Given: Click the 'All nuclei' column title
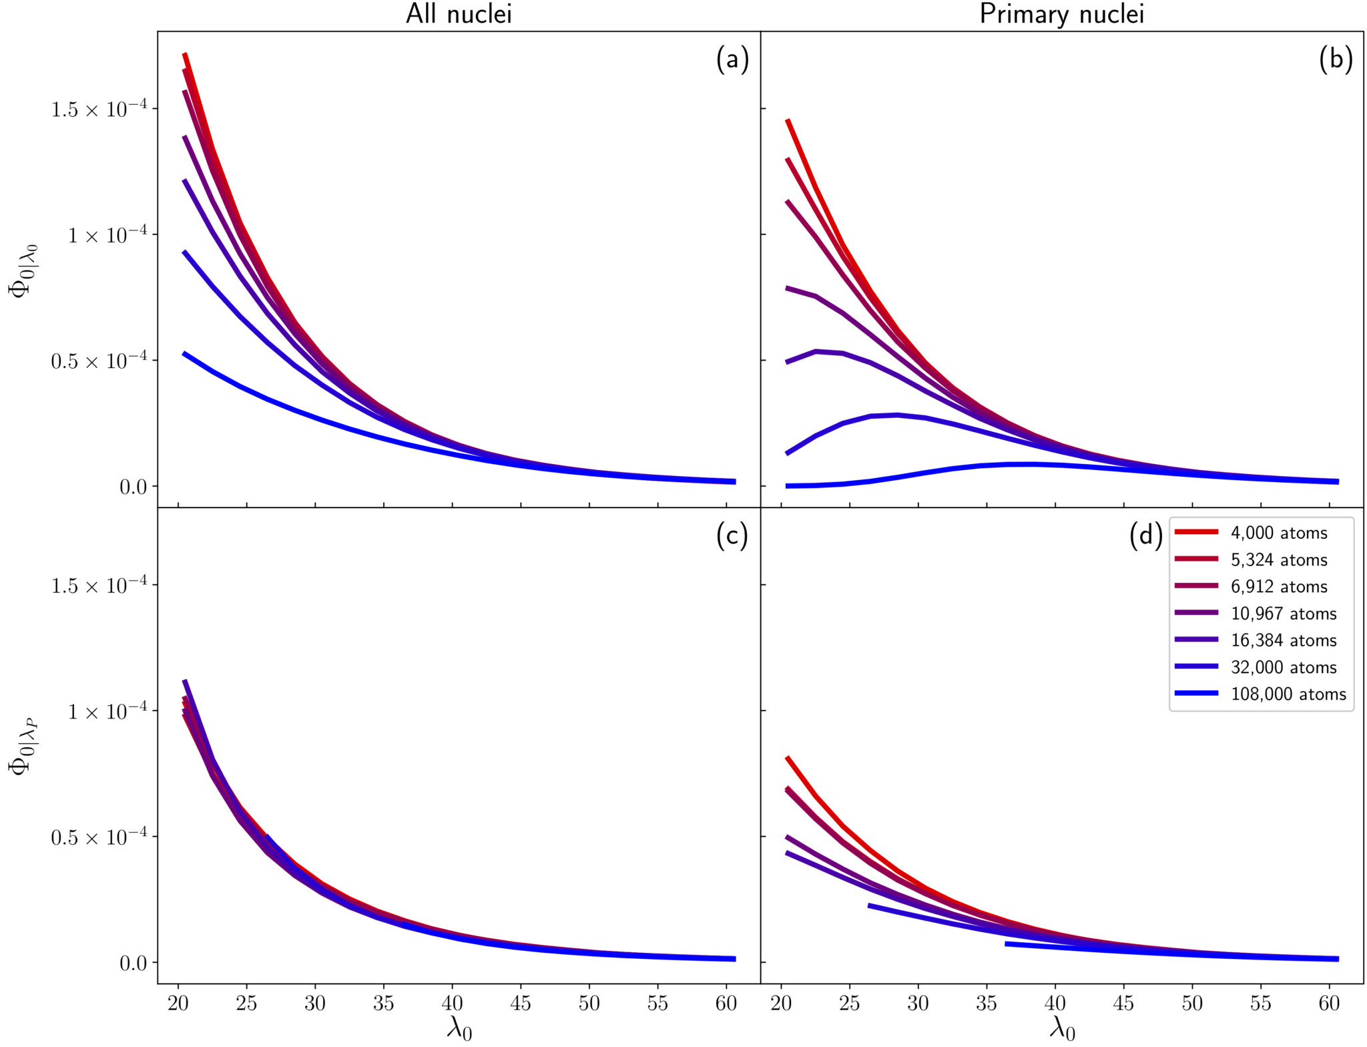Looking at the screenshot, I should pos(459,14).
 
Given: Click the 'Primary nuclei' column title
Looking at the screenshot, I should pos(1061,14).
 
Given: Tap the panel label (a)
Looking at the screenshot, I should pos(732,60).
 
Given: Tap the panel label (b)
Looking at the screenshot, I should pos(1336,60).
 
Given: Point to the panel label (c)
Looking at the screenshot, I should pos(732,536).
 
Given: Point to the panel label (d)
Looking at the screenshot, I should pos(1146,536).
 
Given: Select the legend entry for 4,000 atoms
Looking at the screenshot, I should pos(1279,533).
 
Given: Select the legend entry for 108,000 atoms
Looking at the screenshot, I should pos(1288,694).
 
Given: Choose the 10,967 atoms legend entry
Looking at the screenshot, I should pos(1284,613).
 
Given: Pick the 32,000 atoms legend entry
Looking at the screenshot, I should pos(1284,667).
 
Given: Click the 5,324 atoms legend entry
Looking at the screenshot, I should pos(1279,560).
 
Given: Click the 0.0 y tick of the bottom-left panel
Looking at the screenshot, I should pos(133,963).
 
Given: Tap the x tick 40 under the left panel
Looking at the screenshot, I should pos(452,1003).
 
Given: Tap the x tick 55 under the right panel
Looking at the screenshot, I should pos(1261,1003).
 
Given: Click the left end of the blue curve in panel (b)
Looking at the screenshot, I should pos(788,485).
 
